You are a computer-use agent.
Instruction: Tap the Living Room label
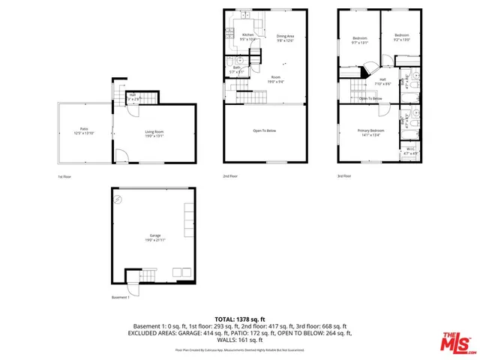pos(155,133)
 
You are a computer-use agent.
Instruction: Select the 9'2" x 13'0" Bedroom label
pos(402,37)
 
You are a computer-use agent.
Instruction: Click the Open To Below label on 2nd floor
pos(265,130)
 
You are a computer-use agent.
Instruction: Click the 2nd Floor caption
pos(230,176)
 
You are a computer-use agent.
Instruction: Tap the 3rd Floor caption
pos(344,176)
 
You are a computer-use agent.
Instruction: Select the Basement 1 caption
pos(121,297)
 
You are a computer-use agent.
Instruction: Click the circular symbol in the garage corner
pos(118,199)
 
